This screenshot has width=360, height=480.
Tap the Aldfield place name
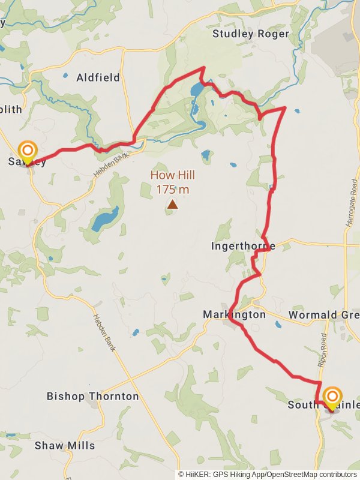pos(98,77)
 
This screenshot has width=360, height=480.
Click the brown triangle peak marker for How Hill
pos(173,205)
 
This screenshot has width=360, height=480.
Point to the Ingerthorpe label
pos(243,246)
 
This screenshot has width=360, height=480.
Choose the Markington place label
pos(234,314)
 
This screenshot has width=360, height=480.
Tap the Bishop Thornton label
pos(92,396)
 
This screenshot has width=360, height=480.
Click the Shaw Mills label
pos(64,445)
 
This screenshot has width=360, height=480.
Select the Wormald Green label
pos(324,314)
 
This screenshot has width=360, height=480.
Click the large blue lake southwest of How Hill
pos(104,219)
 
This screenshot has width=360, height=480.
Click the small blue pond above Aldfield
pos(65,76)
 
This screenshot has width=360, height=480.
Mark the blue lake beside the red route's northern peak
pos(196,91)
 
